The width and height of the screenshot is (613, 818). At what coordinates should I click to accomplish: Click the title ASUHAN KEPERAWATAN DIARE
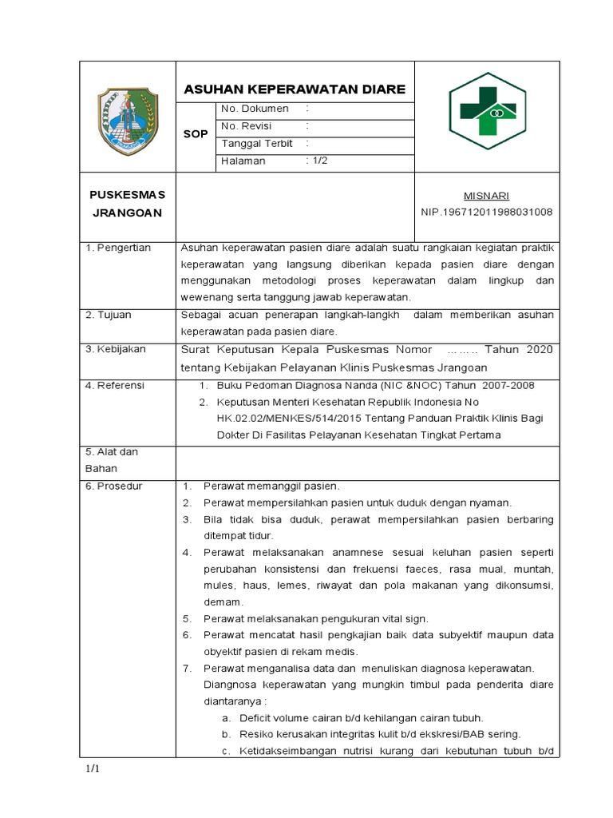[x=295, y=88]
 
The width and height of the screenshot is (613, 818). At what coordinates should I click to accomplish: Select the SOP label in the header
[x=195, y=134]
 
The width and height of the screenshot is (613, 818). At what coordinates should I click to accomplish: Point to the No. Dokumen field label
[x=254, y=109]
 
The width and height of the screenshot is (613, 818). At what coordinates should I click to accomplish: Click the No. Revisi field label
[x=247, y=126]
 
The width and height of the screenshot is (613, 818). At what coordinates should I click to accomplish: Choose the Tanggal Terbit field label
[x=257, y=144]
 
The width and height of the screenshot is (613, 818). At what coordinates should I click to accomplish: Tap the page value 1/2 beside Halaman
[x=317, y=161]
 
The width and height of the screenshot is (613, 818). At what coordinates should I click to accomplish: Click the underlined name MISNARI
[x=487, y=196]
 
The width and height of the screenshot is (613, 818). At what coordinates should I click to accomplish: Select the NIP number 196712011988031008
[x=486, y=212]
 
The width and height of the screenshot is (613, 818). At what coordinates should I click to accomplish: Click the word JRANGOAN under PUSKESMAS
[x=128, y=212]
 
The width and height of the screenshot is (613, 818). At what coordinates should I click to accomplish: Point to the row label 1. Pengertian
[x=118, y=248]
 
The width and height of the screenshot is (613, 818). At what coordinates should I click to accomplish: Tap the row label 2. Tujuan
[x=109, y=315]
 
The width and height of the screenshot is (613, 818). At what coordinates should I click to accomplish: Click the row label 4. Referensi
[x=116, y=385]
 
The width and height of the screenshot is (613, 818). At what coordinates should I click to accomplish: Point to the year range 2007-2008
[x=505, y=386]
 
